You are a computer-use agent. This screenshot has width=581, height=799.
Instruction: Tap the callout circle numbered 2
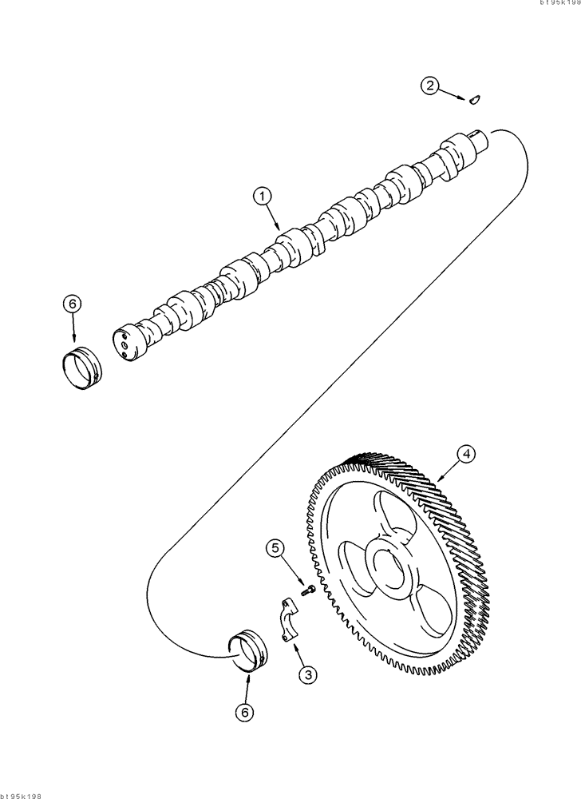click(x=431, y=86)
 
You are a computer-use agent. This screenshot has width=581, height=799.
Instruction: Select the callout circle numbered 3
click(x=307, y=675)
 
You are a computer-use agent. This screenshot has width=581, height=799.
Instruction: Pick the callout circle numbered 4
click(x=467, y=454)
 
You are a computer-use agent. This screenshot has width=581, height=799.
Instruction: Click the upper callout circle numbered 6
click(x=72, y=304)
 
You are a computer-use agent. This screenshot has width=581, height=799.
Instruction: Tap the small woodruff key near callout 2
click(x=474, y=100)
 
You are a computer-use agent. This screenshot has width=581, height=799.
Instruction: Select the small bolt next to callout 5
click(x=309, y=590)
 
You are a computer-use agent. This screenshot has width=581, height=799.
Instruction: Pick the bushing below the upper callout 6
click(x=82, y=368)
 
